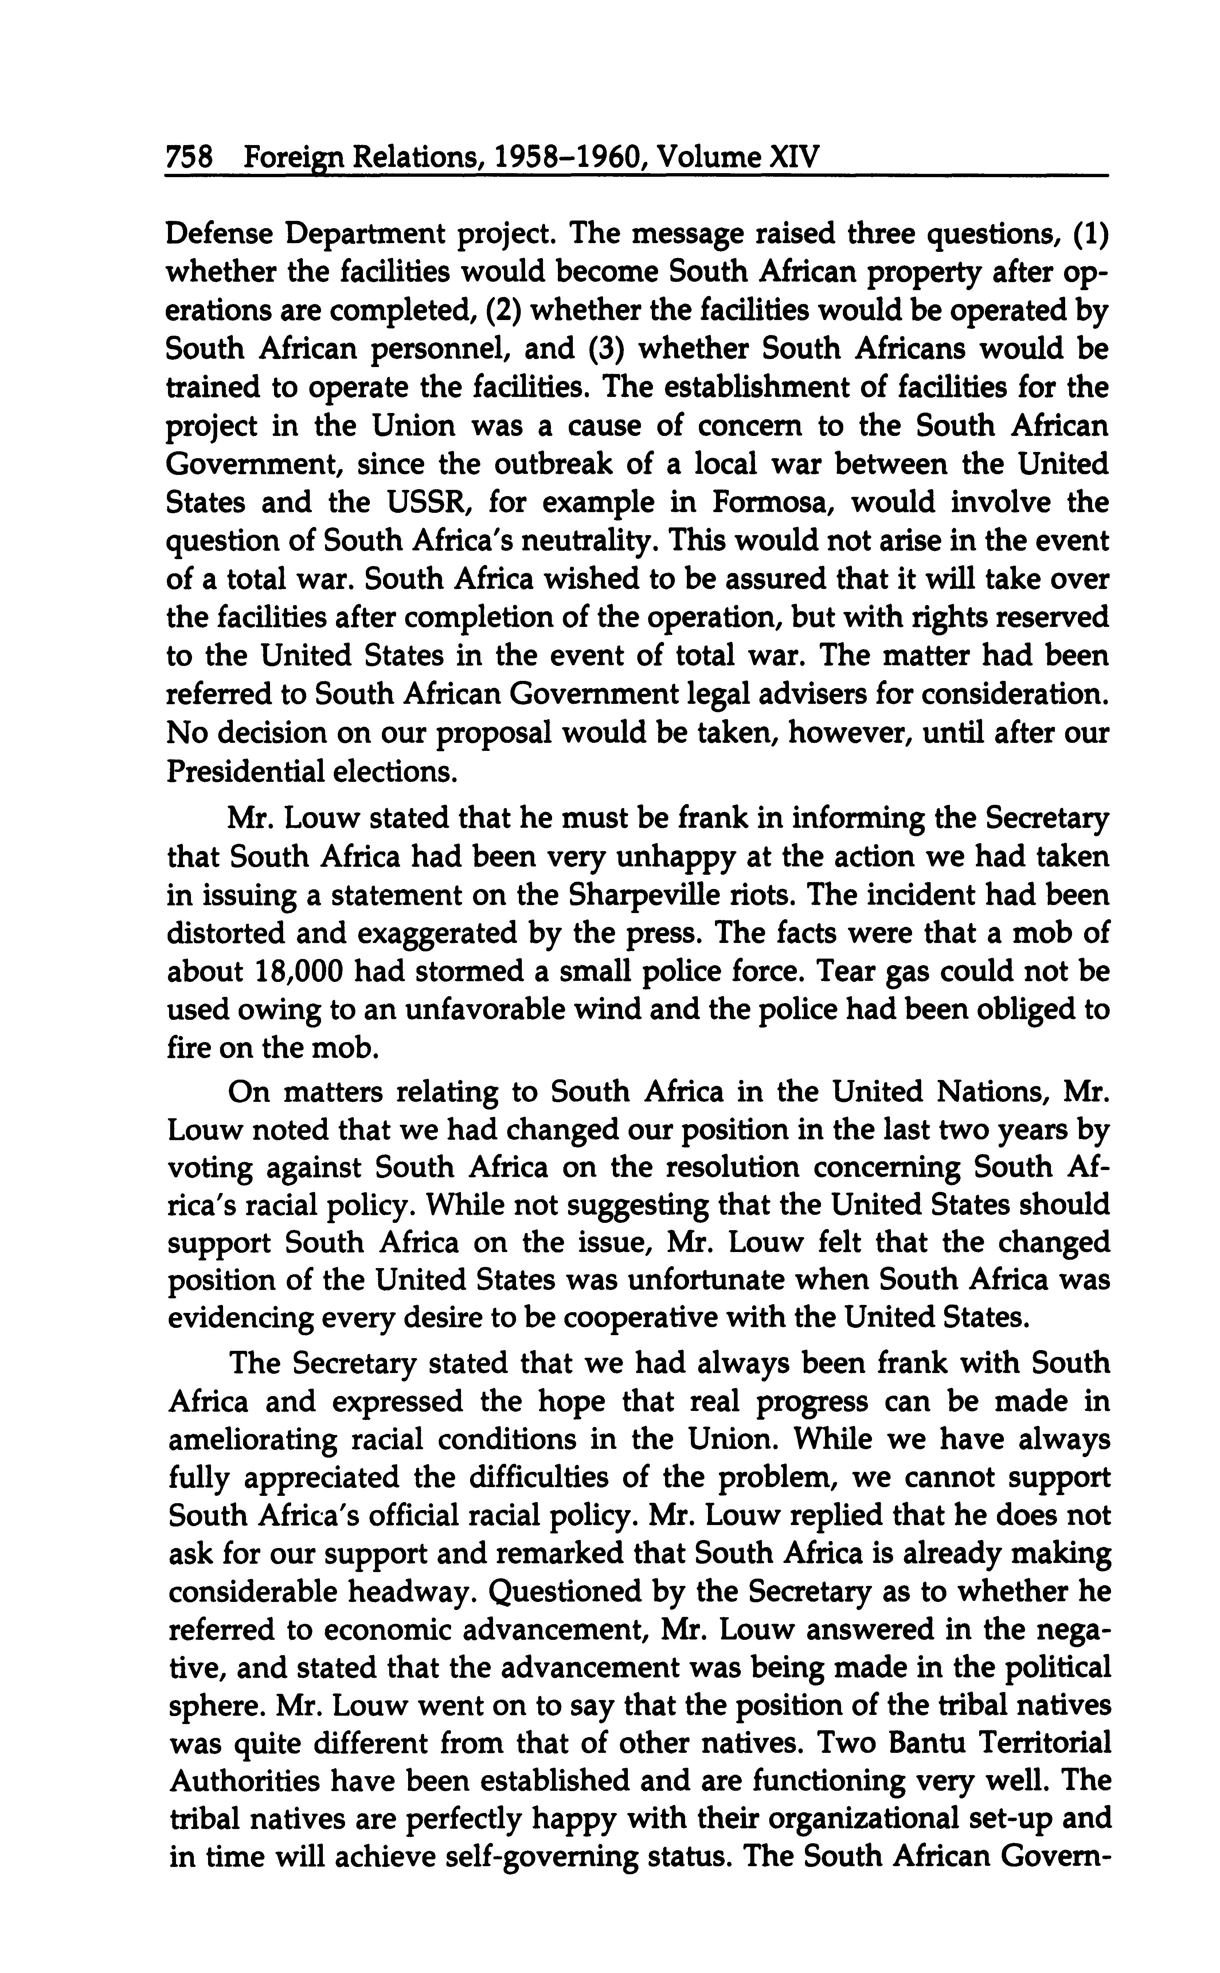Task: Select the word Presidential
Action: [x=232, y=771]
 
